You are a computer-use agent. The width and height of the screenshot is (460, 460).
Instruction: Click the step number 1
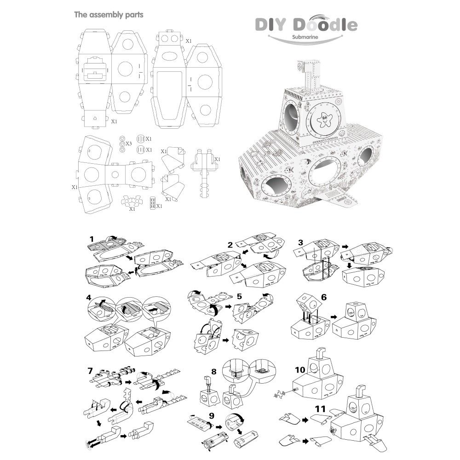(92, 240)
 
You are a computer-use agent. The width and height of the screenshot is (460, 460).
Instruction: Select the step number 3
(300, 242)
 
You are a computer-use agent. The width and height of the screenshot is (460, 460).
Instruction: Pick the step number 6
(324, 297)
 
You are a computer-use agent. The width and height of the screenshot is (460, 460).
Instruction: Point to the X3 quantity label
(129, 144)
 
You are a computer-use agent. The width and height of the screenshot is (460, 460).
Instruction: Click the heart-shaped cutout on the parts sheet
(94, 117)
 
